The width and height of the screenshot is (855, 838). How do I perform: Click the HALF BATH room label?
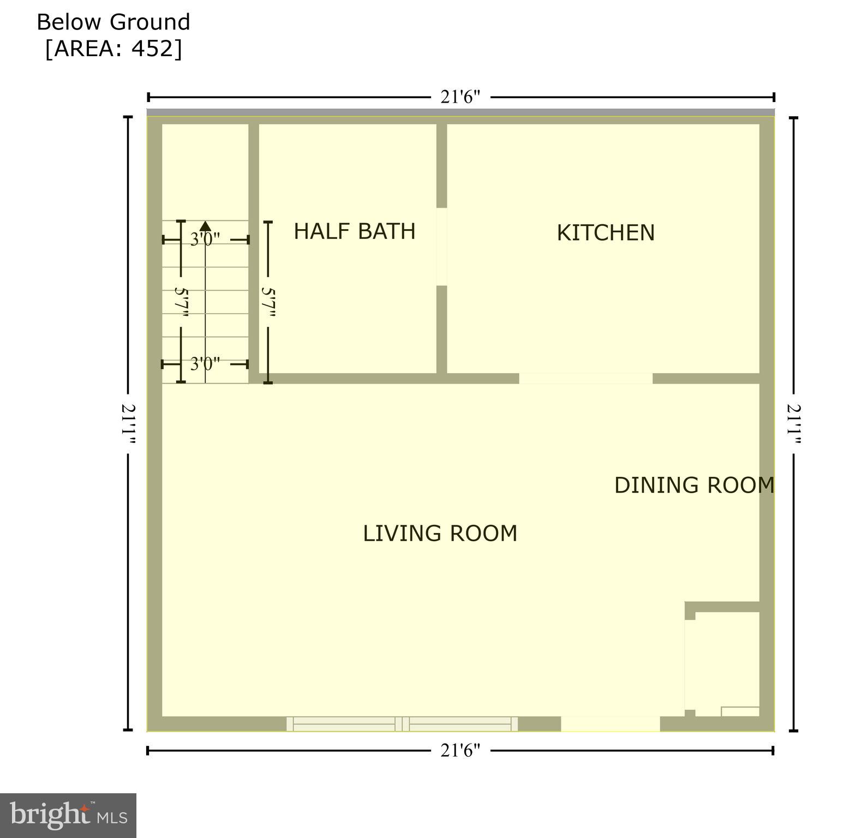355,231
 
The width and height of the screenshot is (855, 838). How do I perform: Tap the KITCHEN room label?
605,233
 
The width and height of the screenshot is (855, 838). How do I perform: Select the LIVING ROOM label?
440,533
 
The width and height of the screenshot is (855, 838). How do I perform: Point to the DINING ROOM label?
694,485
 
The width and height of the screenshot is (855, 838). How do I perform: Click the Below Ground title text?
113,22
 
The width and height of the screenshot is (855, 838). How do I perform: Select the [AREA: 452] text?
113,49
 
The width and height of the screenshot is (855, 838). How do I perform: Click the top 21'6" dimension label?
460,97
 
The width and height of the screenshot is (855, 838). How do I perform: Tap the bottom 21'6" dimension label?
460,751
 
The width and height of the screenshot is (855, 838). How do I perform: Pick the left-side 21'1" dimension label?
129,424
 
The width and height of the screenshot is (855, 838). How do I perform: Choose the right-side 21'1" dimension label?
794,424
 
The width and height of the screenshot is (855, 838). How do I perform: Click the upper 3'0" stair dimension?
205,240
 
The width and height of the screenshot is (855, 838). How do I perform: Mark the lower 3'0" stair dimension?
205,363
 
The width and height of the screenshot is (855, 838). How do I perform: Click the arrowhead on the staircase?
206,225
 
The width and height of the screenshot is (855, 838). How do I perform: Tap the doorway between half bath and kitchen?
441,247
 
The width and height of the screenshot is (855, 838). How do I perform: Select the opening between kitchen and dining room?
585,379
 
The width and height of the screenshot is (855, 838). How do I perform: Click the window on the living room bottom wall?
402,724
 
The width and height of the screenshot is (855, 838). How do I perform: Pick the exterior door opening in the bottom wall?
610,724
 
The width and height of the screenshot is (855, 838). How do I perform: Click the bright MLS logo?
68,815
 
